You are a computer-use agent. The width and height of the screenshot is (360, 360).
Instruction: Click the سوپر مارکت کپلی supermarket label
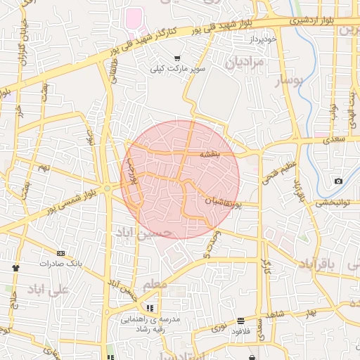coord(176,69)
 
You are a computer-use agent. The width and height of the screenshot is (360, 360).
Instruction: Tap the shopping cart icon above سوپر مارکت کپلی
coord(177,58)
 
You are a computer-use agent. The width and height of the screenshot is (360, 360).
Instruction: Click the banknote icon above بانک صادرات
coord(60,253)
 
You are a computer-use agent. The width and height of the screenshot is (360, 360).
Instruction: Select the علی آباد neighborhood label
coord(49,289)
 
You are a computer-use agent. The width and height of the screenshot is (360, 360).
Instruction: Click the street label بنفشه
coord(210,153)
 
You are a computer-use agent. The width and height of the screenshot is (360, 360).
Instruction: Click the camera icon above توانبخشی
coord(339,181)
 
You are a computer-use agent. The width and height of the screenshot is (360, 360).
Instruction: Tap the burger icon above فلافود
coord(241,321)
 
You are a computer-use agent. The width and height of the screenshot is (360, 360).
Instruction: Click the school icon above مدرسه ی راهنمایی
coord(149,308)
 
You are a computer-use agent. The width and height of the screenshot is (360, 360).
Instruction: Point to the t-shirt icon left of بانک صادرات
coord(15,268)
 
